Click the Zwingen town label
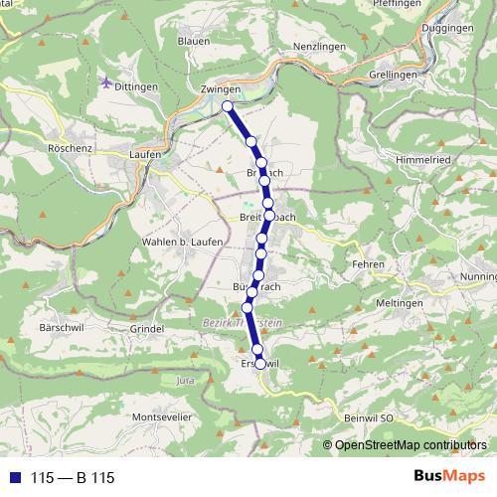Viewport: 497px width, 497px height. (x=220, y=88)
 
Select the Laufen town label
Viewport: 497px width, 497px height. (x=145, y=154)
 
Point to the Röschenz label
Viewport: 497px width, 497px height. (x=69, y=145)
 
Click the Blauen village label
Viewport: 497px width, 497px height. (x=193, y=41)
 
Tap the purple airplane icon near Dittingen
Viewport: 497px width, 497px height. (x=107, y=83)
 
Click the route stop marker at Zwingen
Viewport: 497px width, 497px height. (x=228, y=105)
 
